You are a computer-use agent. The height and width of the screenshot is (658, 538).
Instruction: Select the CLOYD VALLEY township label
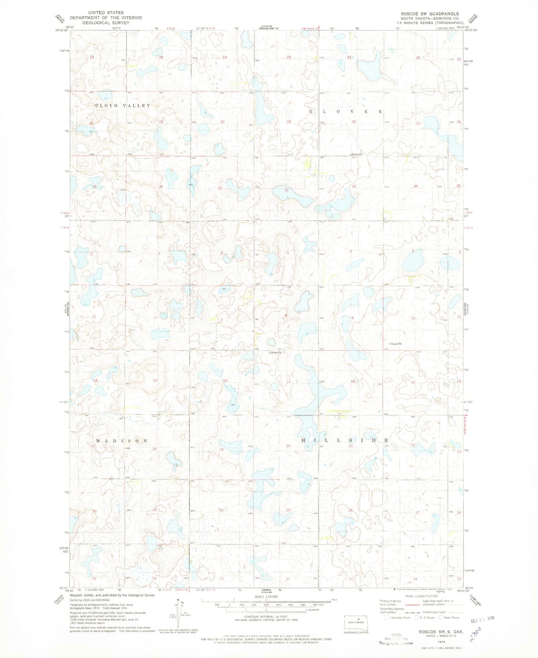(123, 106)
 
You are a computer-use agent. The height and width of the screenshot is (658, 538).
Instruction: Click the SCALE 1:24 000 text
(266, 597)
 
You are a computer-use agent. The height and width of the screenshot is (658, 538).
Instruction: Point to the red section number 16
(352, 381)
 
